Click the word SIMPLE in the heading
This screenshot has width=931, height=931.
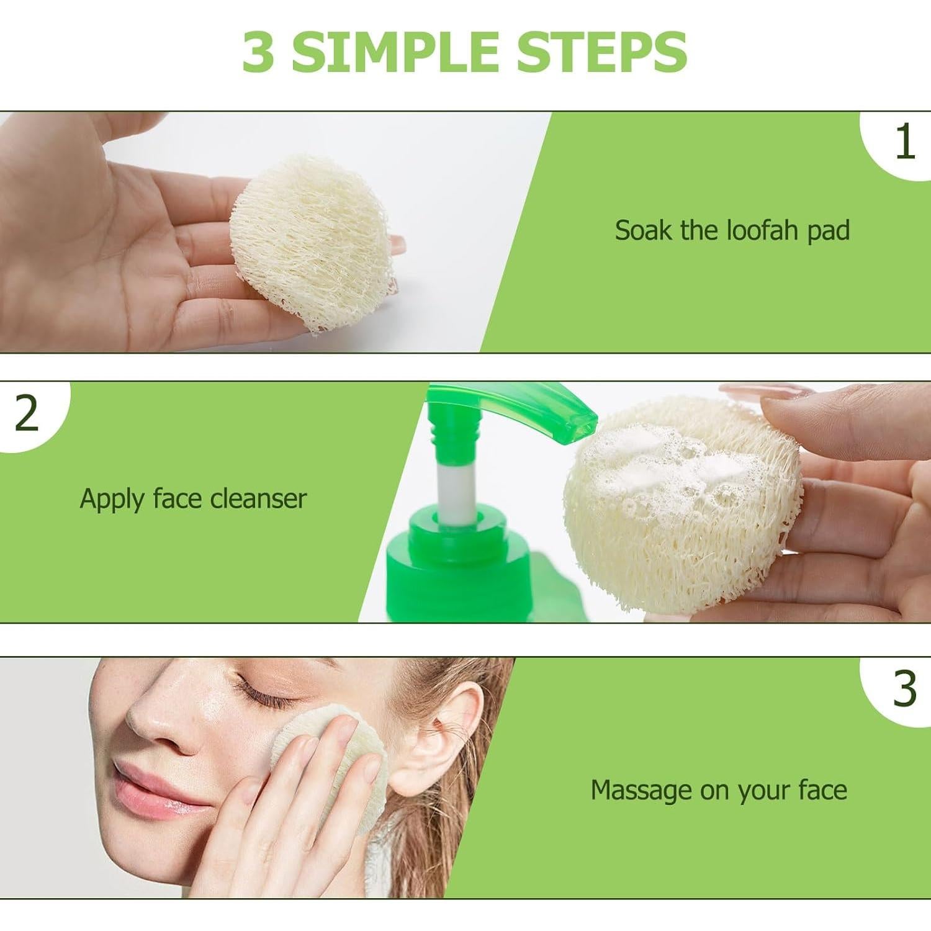coord(395,51)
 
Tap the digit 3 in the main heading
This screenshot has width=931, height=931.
coord(258,51)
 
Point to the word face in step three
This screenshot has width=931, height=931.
coord(822,790)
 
